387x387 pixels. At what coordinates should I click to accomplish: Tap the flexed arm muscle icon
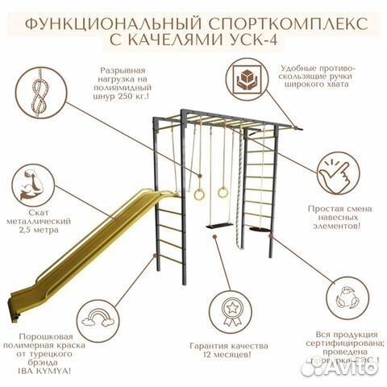coord(37,185)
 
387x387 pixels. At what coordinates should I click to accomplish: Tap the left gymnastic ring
coord(198,193)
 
